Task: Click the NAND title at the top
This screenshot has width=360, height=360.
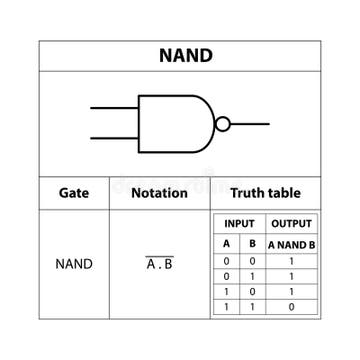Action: point(186,55)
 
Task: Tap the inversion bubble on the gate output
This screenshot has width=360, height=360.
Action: point(223,124)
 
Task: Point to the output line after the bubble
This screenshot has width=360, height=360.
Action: point(250,124)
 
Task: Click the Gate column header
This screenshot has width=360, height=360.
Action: point(74,193)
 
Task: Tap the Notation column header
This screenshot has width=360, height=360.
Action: point(159,193)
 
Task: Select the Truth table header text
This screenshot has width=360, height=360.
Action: point(265,193)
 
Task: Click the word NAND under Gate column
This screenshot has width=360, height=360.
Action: point(74,265)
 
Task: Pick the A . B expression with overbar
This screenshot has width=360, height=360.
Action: point(159,264)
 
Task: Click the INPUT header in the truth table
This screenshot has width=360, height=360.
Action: point(239,224)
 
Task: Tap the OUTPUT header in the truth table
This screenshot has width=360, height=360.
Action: point(291,224)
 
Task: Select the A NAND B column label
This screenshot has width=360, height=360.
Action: point(291,244)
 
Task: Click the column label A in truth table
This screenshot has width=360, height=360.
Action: point(226,244)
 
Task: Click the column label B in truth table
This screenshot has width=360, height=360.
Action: point(252,244)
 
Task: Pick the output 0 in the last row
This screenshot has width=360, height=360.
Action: point(291,308)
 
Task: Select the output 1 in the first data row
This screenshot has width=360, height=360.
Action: point(291,260)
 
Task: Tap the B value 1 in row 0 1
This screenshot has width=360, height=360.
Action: point(252,276)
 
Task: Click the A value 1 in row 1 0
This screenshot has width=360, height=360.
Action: point(226,292)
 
